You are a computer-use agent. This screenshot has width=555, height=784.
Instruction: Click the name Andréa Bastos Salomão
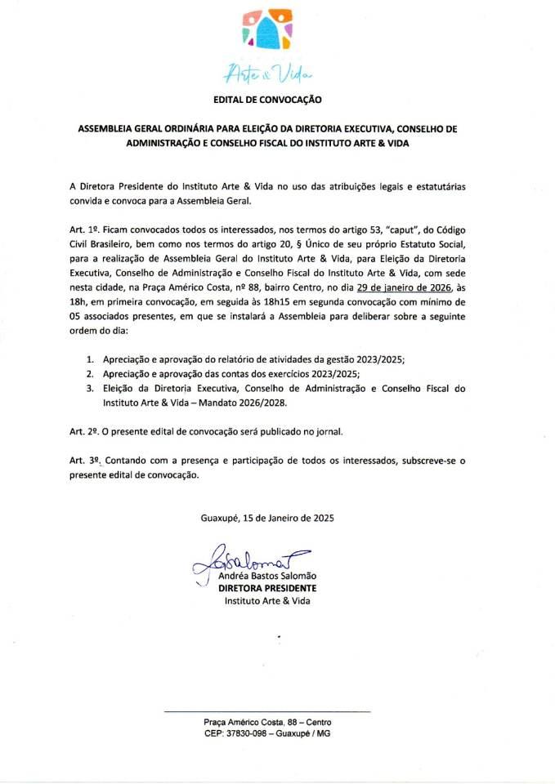click(x=267, y=577)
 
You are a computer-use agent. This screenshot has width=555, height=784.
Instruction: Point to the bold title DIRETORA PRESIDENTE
click(x=267, y=588)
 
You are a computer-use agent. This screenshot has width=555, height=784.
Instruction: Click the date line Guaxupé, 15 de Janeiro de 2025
click(x=267, y=518)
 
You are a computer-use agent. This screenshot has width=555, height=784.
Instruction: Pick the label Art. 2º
click(x=84, y=430)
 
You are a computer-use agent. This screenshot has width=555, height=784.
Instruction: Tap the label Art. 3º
click(x=84, y=461)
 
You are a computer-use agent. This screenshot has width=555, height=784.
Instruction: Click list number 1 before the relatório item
click(x=89, y=359)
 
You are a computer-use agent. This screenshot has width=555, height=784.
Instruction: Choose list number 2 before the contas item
click(x=89, y=373)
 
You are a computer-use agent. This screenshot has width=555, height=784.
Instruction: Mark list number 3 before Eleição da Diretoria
click(x=89, y=388)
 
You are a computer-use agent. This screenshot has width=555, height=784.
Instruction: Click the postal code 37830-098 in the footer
click(x=243, y=733)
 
